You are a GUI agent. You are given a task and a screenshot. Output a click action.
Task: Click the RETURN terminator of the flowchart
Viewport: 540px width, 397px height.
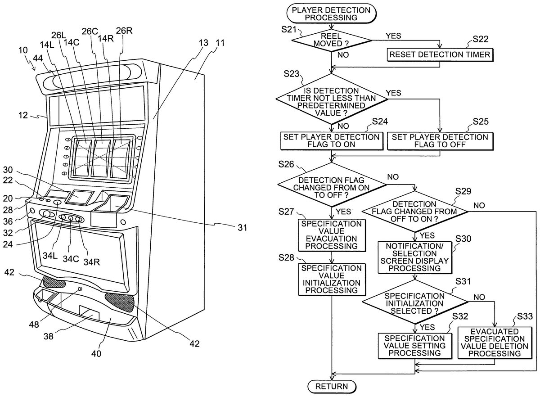[x=331, y=386]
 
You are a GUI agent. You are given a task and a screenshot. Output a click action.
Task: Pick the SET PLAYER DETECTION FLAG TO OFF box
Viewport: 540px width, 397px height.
[x=440, y=141]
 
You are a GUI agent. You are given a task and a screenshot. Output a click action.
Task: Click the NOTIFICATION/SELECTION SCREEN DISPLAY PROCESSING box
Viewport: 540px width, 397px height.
[x=414, y=257]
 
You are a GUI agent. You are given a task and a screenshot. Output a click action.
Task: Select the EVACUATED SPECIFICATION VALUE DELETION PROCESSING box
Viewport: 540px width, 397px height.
[x=494, y=343]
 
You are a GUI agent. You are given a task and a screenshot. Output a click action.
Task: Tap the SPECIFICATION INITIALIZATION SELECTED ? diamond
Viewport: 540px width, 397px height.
[x=414, y=303]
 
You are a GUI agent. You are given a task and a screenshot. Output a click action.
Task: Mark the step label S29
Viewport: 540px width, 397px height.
[x=463, y=190]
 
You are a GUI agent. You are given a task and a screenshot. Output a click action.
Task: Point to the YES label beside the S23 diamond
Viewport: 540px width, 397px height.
[x=394, y=92]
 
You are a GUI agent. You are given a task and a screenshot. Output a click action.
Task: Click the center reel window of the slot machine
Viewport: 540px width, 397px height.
[x=102, y=157]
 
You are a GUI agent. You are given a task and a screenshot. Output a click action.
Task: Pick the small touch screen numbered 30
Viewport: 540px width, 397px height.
[x=80, y=197]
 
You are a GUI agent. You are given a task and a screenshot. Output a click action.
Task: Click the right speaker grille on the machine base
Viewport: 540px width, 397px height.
[x=120, y=301]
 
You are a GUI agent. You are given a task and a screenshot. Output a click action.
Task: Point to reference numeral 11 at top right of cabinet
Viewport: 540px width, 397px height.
[x=220, y=44]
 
